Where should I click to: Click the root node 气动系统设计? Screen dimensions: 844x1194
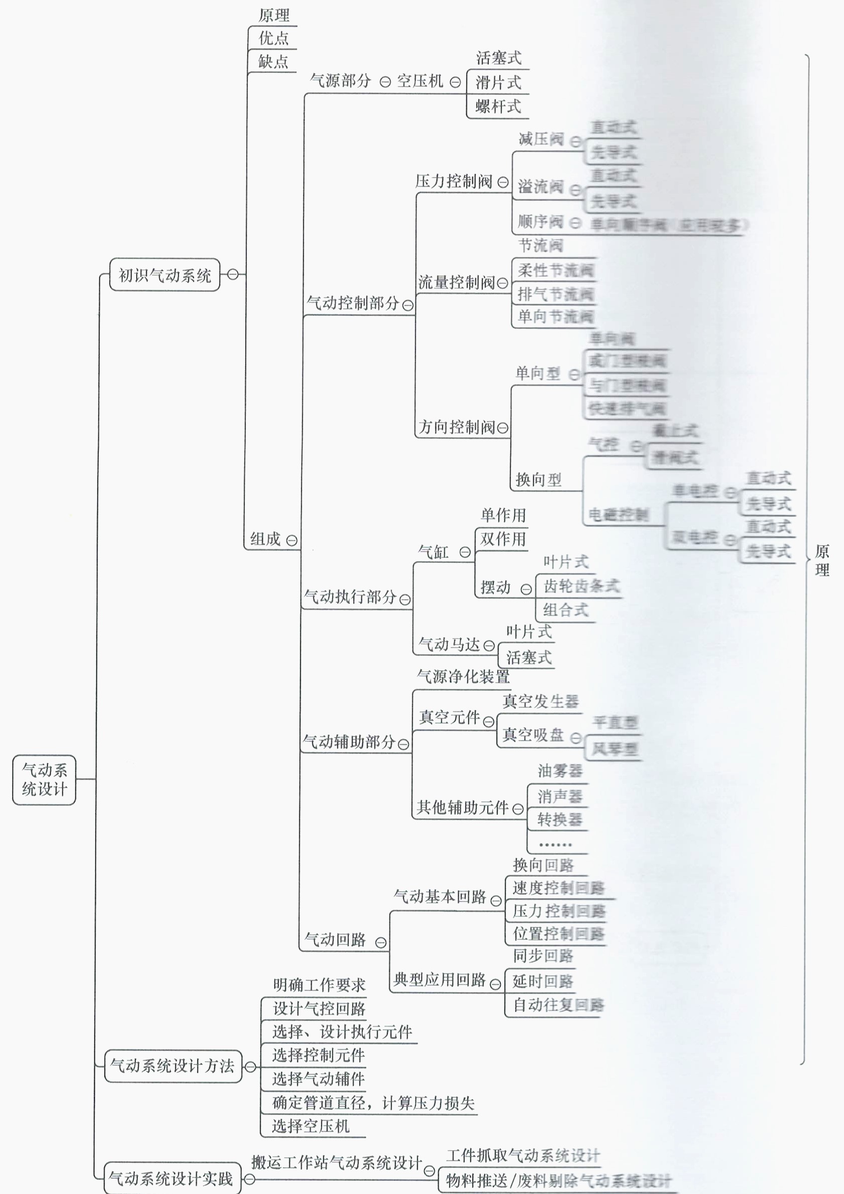44,780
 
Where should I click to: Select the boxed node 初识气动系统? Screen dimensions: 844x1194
164,275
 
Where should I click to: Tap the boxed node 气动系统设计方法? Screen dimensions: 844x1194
173,1066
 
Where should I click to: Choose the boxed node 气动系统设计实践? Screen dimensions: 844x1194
172,1178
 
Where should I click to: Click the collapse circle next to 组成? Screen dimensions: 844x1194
292,540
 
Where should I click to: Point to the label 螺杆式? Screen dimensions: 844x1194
498,106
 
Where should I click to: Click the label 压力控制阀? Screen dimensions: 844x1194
453,181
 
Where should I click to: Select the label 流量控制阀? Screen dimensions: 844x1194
456,282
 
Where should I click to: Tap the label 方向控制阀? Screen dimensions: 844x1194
456,427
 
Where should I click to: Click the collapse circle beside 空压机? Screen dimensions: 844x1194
455,82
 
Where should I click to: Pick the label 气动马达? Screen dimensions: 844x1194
449,645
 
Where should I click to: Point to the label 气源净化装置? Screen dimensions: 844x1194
463,676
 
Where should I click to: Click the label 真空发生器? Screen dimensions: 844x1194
540,701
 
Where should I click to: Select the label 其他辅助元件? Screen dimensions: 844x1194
462,807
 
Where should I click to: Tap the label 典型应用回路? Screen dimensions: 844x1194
439,980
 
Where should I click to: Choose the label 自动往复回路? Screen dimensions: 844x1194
558,1005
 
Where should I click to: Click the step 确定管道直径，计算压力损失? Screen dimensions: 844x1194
373,1103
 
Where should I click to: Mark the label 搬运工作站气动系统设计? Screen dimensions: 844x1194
336,1162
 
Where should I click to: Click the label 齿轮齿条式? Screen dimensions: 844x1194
581,586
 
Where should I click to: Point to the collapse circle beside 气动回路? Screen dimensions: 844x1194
381,942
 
